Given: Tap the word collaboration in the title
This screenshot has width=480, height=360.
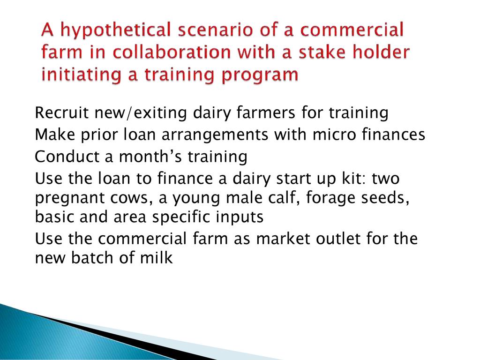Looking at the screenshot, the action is coord(172,52).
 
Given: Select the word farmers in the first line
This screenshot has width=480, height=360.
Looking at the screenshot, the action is coord(266,112).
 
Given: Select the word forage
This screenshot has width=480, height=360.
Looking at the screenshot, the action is coord(330,198).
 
